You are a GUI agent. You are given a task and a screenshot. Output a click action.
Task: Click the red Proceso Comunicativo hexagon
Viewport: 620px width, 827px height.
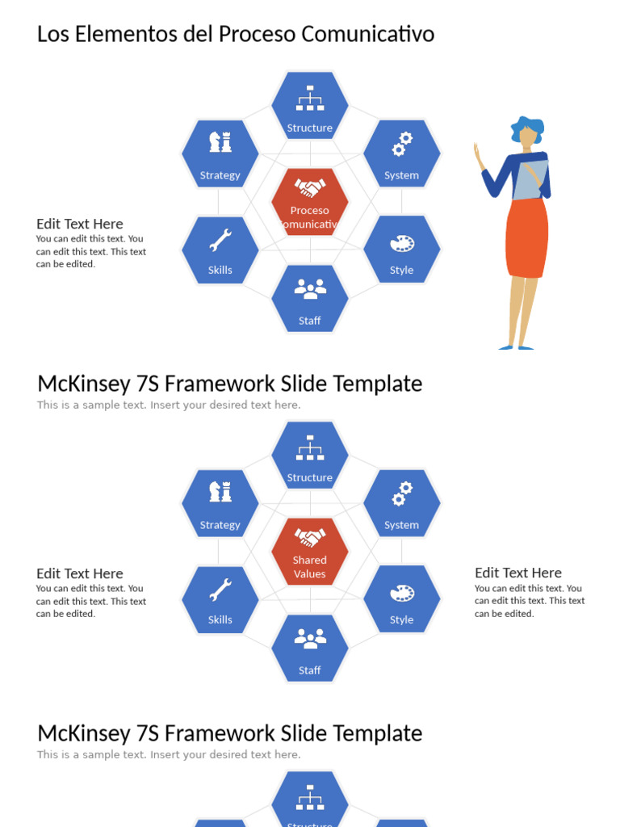click(310, 201)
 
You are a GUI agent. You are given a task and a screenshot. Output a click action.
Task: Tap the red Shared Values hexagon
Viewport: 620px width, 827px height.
click(310, 551)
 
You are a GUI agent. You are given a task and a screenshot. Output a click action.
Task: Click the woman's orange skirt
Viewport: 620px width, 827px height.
click(526, 238)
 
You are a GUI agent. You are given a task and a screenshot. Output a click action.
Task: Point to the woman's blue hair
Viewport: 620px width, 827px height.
click(528, 128)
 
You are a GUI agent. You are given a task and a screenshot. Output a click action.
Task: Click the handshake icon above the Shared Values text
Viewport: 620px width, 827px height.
click(310, 537)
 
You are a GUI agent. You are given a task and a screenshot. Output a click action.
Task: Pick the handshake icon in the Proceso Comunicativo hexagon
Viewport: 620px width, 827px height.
click(310, 187)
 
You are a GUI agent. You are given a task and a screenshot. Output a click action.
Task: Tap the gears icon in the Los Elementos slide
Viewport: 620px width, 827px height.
click(402, 145)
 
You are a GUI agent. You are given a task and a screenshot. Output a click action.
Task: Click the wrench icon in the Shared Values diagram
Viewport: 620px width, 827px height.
click(220, 590)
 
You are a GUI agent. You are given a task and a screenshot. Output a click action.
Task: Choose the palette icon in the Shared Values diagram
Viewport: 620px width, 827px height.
click(402, 593)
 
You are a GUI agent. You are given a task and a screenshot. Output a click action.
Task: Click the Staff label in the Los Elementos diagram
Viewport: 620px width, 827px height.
click(309, 321)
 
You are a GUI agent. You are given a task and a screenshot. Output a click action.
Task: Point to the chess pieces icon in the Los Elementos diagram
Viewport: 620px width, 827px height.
click(220, 142)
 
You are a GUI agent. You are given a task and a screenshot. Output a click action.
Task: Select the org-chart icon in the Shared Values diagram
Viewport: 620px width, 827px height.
click(310, 447)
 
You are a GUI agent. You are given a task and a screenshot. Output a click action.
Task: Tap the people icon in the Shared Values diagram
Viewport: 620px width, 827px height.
click(310, 638)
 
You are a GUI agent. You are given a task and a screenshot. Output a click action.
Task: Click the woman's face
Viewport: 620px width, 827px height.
click(527, 137)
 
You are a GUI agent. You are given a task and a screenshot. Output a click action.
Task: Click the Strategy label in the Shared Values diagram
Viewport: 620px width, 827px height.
click(220, 525)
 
